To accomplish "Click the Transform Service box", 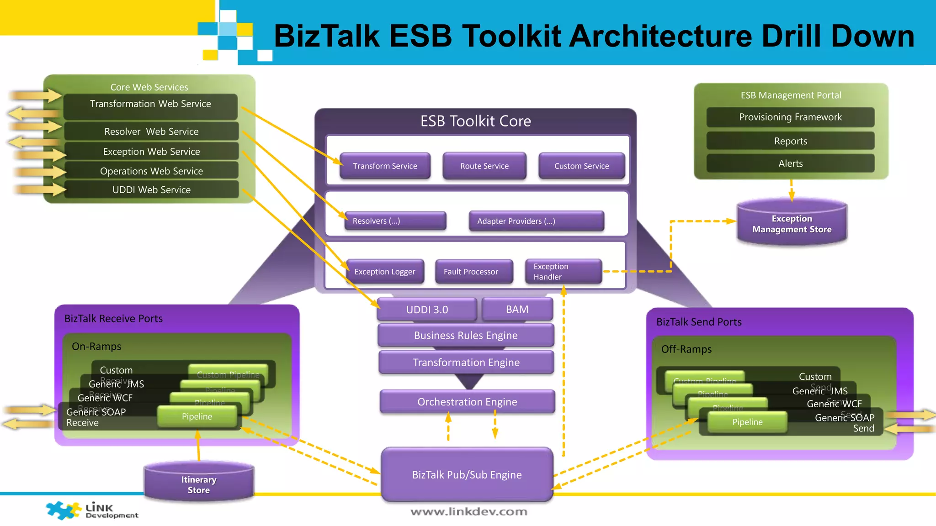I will [385, 166].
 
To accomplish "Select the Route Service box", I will [484, 166].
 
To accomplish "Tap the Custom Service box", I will [581, 166].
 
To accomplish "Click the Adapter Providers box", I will [536, 221].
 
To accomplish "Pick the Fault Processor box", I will [473, 272].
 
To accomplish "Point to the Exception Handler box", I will [563, 272].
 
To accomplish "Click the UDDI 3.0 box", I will [427, 310].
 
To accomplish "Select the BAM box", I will [517, 310].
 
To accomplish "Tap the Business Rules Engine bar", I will [466, 336].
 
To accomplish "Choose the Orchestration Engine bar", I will [467, 402].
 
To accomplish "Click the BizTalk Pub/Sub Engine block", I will [467, 475].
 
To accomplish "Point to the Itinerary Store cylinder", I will [199, 484].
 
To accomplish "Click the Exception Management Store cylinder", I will [792, 224].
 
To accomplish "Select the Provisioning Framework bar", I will [790, 117].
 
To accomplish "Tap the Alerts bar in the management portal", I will [790, 163].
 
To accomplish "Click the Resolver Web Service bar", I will [151, 131].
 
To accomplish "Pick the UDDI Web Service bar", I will [151, 190].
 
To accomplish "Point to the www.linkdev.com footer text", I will [469, 512].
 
